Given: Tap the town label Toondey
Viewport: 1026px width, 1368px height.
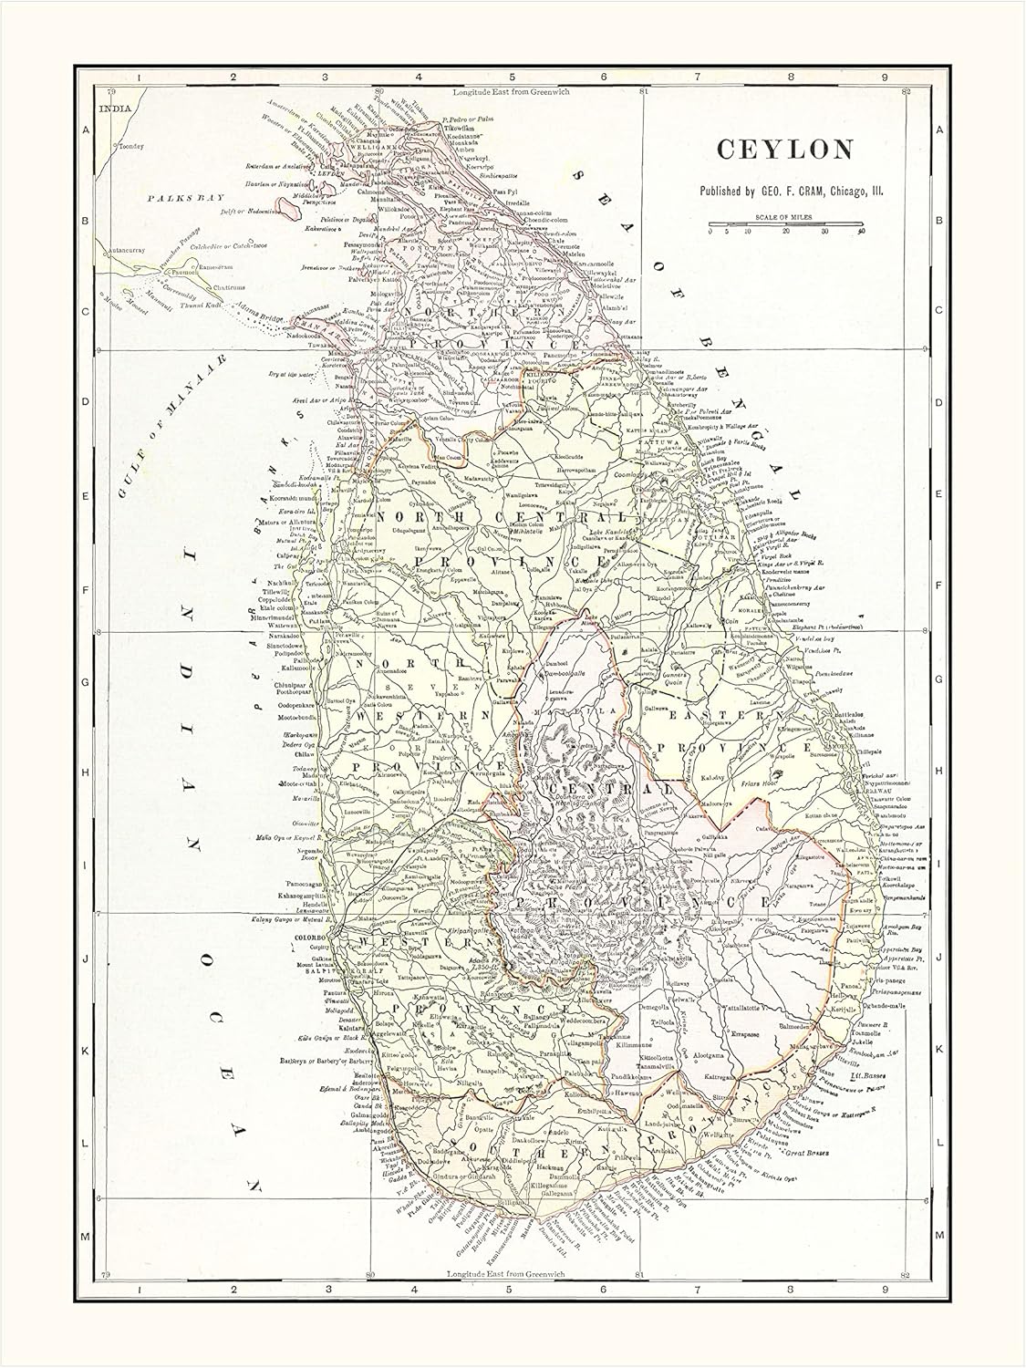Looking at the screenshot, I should pos(130,146).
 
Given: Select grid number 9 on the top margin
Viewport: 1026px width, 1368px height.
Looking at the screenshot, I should pos(884,78).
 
